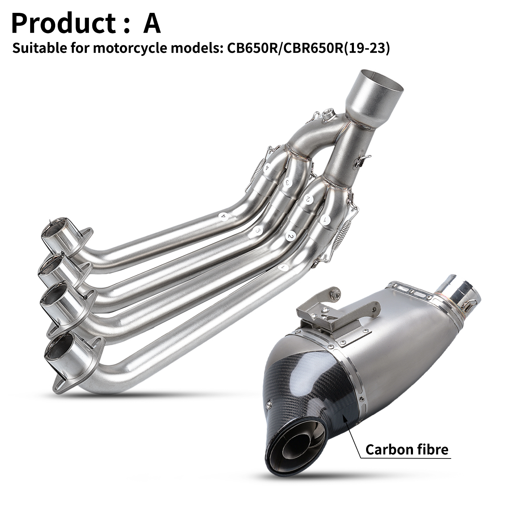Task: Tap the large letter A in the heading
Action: (x=152, y=23)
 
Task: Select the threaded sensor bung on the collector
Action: (x=328, y=115)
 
